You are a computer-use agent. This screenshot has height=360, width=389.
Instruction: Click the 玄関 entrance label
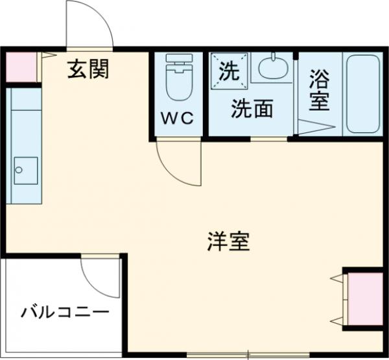(x=89, y=68)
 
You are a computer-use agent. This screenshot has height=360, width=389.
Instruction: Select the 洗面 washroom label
(x=252, y=108)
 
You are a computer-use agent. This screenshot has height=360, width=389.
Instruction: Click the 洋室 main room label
(x=228, y=242)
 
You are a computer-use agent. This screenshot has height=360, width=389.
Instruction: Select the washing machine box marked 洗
(x=228, y=69)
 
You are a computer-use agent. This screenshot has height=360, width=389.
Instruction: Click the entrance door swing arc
(x=91, y=23)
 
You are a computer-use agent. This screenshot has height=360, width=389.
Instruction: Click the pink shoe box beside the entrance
(x=20, y=66)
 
